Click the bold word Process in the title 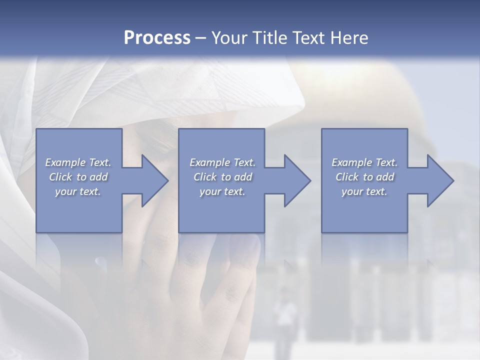click(x=157, y=38)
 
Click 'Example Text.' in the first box click(x=78, y=162)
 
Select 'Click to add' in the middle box click(x=222, y=177)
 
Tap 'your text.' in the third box click(x=364, y=191)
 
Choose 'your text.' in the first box click(x=78, y=191)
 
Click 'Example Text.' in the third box click(x=364, y=162)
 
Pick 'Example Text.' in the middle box click(x=222, y=162)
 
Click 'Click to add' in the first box click(x=78, y=177)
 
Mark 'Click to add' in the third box click(x=364, y=177)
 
